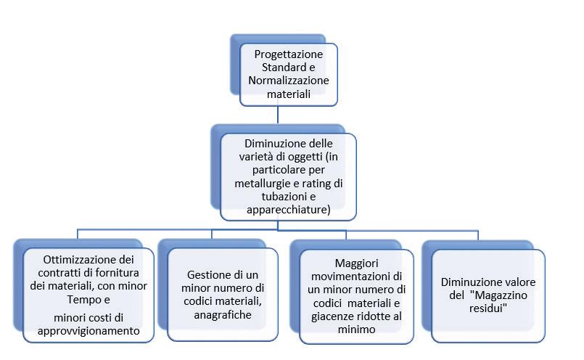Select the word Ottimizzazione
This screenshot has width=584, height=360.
pos(76,259)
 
